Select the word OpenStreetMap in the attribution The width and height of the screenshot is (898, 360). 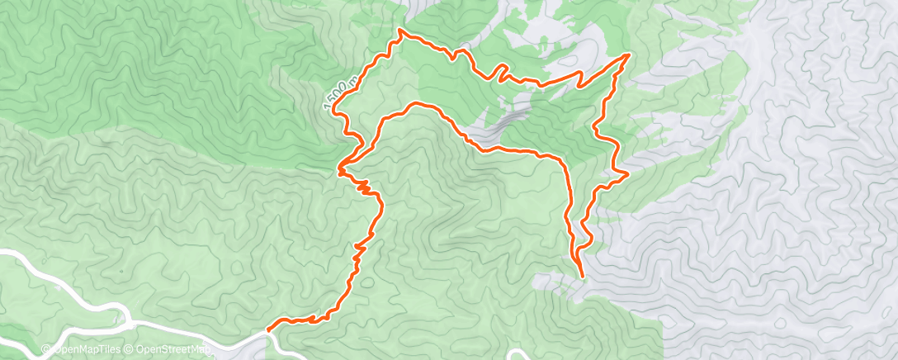click(x=172, y=350)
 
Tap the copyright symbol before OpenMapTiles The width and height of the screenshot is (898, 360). click(x=46, y=350)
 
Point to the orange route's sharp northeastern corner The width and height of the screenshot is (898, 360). click(x=629, y=54)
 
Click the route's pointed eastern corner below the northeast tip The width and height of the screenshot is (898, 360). click(x=628, y=173)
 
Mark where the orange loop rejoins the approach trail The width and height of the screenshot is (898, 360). click(x=340, y=171)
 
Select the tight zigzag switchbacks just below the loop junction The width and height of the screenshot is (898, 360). click(x=364, y=187)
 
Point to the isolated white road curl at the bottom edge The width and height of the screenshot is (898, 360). click(x=518, y=355)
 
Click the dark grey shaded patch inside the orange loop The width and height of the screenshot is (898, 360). click(x=508, y=120)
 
